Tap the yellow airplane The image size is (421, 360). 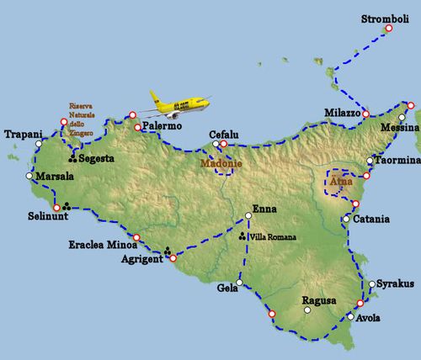click(x=178, y=103)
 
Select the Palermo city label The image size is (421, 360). click(x=162, y=126)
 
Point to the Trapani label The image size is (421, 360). click(x=23, y=134)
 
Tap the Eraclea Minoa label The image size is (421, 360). click(x=99, y=246)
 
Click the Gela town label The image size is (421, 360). click(x=226, y=288)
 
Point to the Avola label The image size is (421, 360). click(x=368, y=318)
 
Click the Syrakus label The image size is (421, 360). click(x=396, y=284)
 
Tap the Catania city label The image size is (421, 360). click(x=372, y=220)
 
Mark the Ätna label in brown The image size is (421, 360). click(x=340, y=180)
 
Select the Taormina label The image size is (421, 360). click(x=397, y=160)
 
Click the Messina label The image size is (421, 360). click(x=400, y=127)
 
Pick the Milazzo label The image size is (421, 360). click(x=343, y=112)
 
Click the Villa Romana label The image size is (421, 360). click(x=274, y=237)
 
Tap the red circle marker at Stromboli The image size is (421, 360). click(x=389, y=29)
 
